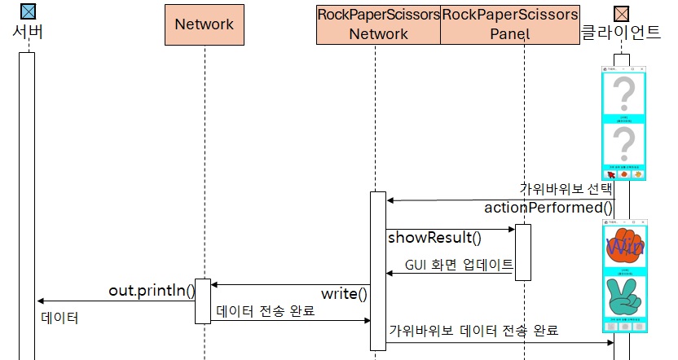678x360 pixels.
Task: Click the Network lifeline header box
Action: pos(205,24)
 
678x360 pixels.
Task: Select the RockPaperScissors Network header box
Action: pos(378,24)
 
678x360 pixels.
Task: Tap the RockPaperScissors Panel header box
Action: pos(510,24)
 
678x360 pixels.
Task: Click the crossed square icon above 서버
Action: pos(28,11)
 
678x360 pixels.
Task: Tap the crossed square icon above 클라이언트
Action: pos(621,11)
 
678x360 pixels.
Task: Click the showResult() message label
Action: pos(434,238)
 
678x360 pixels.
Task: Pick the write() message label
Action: pos(344,293)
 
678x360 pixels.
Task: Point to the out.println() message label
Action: pos(152,291)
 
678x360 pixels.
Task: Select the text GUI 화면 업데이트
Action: pos(459,266)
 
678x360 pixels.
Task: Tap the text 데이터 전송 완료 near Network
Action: pos(266,311)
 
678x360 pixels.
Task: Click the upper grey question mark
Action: pos(623,94)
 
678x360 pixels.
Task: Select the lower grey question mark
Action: pos(623,145)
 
